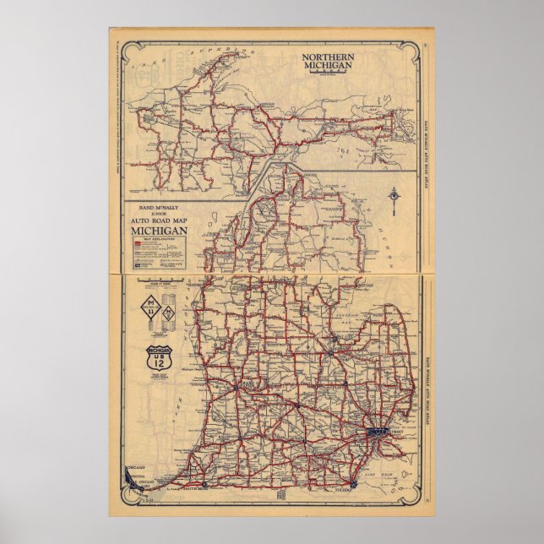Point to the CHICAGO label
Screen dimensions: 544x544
136,465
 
